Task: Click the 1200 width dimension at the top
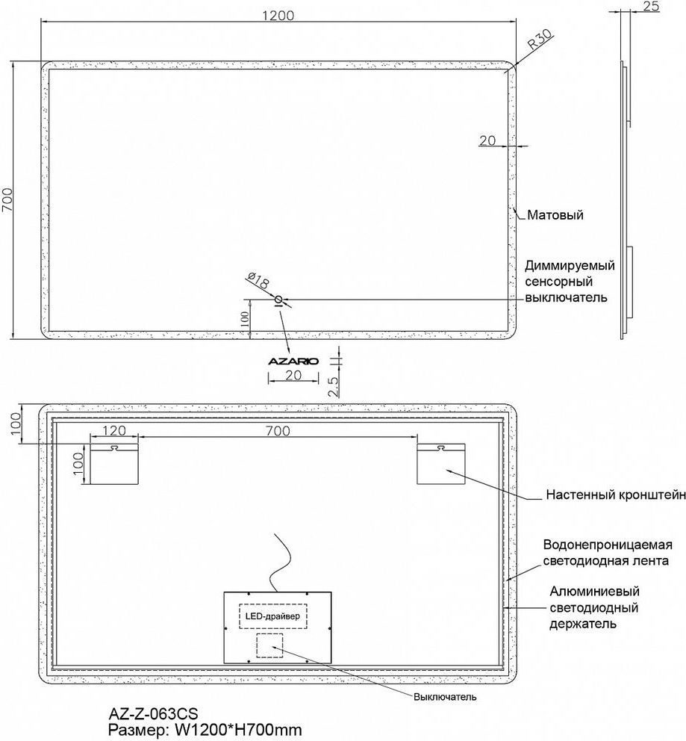[278, 16]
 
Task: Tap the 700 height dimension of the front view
[7, 200]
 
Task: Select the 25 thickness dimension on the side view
[651, 7]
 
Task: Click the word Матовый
[555, 215]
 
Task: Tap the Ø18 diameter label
[258, 280]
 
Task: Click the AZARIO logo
[293, 361]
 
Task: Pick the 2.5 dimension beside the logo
[334, 386]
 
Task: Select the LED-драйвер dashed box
[273, 616]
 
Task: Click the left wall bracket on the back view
[114, 464]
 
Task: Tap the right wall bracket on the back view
[441, 464]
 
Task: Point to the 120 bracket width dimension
[115, 430]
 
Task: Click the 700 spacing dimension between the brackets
[278, 430]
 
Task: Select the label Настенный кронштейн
[616, 494]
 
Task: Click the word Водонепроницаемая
[608, 545]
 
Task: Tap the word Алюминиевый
[594, 591]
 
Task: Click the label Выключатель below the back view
[445, 697]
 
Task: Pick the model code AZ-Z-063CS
[154, 713]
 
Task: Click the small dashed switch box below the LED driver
[269, 645]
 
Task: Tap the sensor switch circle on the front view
[278, 300]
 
